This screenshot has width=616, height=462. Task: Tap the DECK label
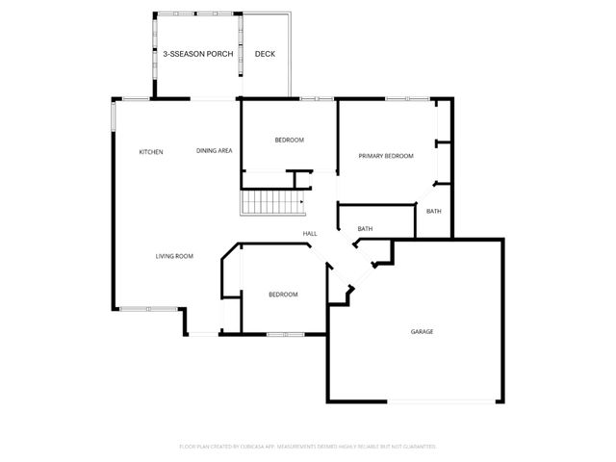pos(265,54)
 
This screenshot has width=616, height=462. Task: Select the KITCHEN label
pos(151,152)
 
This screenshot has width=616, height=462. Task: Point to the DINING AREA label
pos(214,151)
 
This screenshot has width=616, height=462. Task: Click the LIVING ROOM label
pos(175,256)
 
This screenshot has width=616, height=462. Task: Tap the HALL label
pos(310,234)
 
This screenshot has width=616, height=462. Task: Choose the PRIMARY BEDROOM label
pos(386,156)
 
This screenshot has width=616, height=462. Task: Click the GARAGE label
pos(422,331)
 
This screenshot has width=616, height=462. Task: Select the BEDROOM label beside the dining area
pos(289,141)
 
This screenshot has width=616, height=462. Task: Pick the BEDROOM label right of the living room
pos(283,295)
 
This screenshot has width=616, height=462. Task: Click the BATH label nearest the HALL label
pos(365,229)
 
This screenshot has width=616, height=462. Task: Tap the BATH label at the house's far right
pos(434,212)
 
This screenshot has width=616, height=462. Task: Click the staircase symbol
pos(271,203)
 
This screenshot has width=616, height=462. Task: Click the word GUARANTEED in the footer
pos(416,447)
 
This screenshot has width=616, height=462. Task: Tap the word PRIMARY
pos(372,156)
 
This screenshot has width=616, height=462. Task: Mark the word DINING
pos(207,151)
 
